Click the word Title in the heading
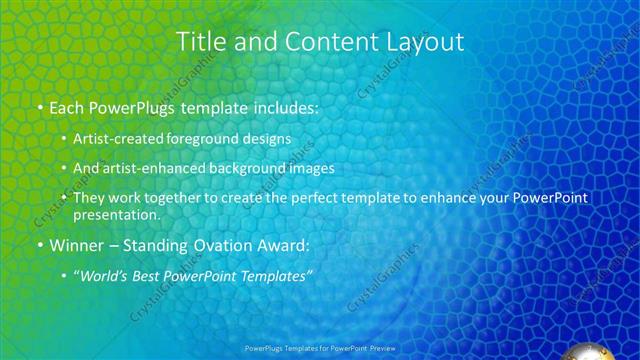tap(200, 42)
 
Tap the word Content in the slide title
tap(315, 42)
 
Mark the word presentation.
tap(116, 215)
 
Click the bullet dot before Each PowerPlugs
tap(38, 107)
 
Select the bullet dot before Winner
tap(38, 245)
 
